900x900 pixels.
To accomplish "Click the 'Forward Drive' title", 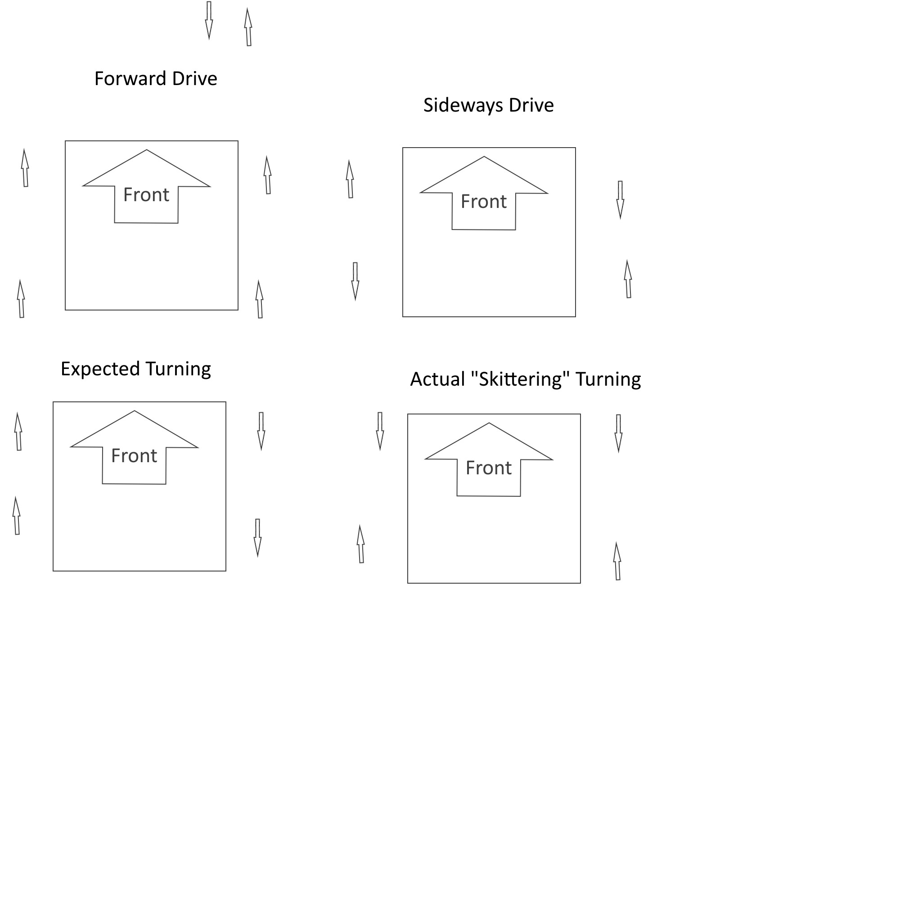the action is click(156, 79).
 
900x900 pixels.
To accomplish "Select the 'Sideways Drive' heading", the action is click(488, 105).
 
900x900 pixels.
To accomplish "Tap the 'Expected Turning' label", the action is click(135, 369).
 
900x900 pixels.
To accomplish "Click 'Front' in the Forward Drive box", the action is click(146, 195).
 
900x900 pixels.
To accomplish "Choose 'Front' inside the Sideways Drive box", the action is click(484, 201).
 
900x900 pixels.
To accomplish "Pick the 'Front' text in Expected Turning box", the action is click(134, 455).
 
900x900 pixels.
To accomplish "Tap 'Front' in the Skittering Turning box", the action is click(488, 468).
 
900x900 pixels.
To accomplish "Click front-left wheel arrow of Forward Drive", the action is click(25, 168).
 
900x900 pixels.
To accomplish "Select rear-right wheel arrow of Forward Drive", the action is click(260, 300).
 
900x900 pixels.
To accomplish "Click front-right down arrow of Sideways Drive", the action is click(620, 199).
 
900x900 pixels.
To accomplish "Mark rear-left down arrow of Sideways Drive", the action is click(355, 281).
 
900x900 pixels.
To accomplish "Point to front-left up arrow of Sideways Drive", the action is click(350, 180).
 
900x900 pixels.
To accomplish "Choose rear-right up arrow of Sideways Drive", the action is click(628, 279).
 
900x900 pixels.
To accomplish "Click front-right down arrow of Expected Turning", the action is click(261, 431).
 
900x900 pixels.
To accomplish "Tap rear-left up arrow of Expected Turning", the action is click(17, 516).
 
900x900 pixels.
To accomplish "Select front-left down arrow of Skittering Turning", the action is click(380, 431).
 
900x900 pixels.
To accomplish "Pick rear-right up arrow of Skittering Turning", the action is click(617, 561).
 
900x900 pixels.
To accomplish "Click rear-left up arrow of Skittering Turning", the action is click(360, 544).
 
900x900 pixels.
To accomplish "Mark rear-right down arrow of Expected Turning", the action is click(257, 538).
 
